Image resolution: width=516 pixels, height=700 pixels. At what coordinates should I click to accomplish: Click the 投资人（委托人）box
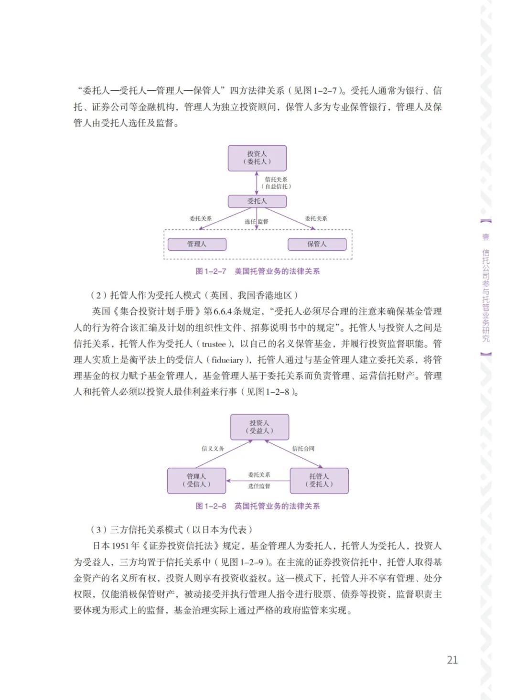click(257, 158)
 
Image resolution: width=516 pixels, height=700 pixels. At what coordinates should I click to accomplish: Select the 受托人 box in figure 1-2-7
click(257, 201)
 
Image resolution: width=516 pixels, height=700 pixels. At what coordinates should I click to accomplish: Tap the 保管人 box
click(317, 244)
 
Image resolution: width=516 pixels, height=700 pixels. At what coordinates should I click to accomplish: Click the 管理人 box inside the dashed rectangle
click(197, 244)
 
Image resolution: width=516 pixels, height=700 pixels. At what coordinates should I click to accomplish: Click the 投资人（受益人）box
click(259, 427)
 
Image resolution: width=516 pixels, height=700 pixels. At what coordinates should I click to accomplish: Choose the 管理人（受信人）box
click(196, 480)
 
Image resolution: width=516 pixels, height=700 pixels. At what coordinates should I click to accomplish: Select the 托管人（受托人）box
click(319, 480)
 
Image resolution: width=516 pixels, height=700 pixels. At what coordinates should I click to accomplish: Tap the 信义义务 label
click(213, 449)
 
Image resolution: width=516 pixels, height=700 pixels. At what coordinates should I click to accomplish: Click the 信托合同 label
click(303, 449)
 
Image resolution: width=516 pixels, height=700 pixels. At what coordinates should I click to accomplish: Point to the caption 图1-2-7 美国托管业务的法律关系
click(258, 271)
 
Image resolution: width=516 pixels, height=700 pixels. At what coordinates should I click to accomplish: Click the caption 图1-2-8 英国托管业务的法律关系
click(258, 506)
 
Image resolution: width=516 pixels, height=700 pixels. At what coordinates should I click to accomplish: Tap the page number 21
click(452, 660)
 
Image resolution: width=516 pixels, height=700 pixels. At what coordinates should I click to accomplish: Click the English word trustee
click(214, 344)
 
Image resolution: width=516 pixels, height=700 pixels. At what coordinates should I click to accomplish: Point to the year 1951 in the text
click(120, 546)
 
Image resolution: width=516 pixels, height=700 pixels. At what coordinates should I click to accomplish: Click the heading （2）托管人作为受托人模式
click(195, 295)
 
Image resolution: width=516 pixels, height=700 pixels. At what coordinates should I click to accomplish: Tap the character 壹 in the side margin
click(485, 237)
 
